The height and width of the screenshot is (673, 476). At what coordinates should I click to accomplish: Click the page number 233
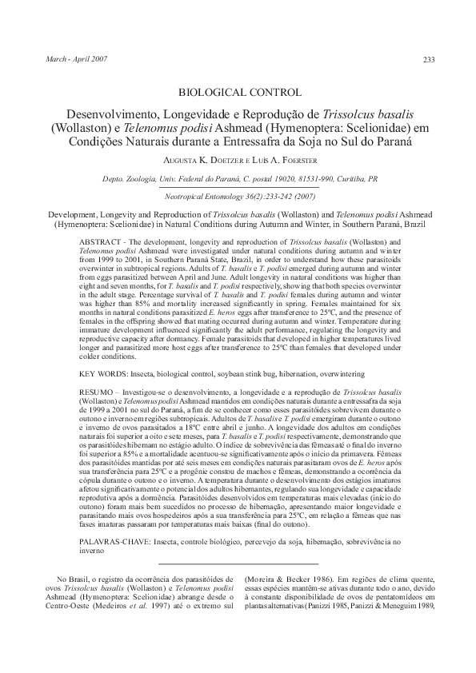(428, 60)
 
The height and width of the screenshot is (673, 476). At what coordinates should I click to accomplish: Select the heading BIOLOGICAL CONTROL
(238, 92)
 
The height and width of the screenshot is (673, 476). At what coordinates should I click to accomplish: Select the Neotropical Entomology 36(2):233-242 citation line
(238, 197)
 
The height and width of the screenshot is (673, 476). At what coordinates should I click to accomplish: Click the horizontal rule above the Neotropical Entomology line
(238, 189)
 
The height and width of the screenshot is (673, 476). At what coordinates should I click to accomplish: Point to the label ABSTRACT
(104, 241)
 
